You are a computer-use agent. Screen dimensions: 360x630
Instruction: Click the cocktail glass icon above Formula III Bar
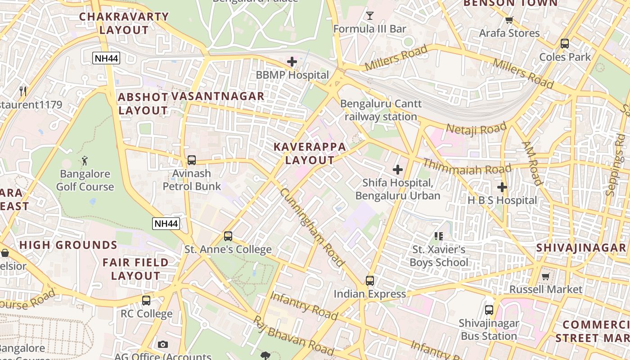[370, 16]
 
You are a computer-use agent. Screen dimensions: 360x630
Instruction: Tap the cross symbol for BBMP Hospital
[292, 62]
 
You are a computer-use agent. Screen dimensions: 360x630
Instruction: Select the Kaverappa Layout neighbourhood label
[310, 153]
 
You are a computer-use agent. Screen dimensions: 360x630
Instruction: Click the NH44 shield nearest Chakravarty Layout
[107, 58]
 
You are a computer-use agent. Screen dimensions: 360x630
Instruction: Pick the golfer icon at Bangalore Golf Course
[85, 160]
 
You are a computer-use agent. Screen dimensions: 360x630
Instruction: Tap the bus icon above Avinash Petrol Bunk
[192, 160]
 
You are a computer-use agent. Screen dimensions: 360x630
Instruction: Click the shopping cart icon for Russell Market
[546, 276]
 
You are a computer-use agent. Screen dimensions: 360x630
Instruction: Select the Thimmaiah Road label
[467, 167]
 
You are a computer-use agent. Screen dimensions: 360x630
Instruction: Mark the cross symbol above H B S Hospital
[502, 187]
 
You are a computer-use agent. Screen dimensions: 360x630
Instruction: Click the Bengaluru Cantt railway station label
[381, 110]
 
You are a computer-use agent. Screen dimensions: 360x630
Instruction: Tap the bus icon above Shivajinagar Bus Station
[489, 310]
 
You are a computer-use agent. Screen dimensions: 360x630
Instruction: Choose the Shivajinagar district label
[581, 248]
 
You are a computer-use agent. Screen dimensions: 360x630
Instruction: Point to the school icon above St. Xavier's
[439, 236]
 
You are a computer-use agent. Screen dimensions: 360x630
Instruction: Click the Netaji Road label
[476, 129]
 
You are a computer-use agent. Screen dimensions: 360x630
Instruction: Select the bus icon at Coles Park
[565, 44]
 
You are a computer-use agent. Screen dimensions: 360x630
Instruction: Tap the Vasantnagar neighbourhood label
[218, 96]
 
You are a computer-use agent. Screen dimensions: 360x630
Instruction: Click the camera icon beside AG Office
[163, 344]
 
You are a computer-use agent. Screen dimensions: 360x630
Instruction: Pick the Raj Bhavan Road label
[293, 334]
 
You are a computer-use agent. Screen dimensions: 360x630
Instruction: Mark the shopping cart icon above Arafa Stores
[509, 20]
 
